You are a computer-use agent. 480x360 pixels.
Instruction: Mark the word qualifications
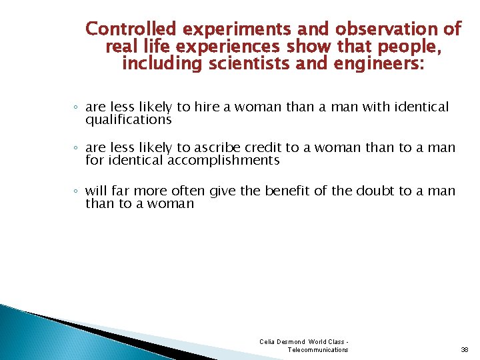click(x=128, y=120)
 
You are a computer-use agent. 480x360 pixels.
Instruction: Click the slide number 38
click(x=464, y=349)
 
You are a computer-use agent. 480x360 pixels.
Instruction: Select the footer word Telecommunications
click(x=317, y=349)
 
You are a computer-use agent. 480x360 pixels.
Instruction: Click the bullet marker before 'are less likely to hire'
click(x=76, y=107)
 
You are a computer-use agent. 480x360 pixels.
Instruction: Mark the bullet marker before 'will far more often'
click(x=76, y=191)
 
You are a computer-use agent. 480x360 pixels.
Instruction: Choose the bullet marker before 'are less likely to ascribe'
click(x=76, y=148)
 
